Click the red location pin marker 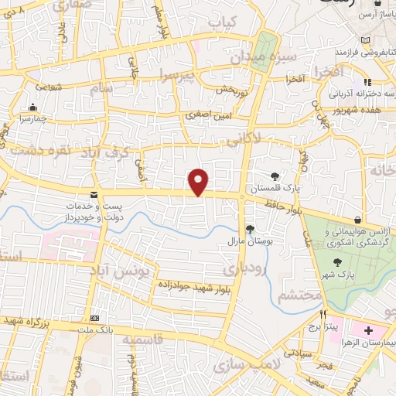click(200, 182)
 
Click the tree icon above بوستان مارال click(250, 228)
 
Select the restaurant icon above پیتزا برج click(324, 315)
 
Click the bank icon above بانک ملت click(95, 318)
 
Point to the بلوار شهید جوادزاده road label click(190, 287)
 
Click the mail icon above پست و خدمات click(94, 194)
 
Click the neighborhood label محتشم click(288, 295)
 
